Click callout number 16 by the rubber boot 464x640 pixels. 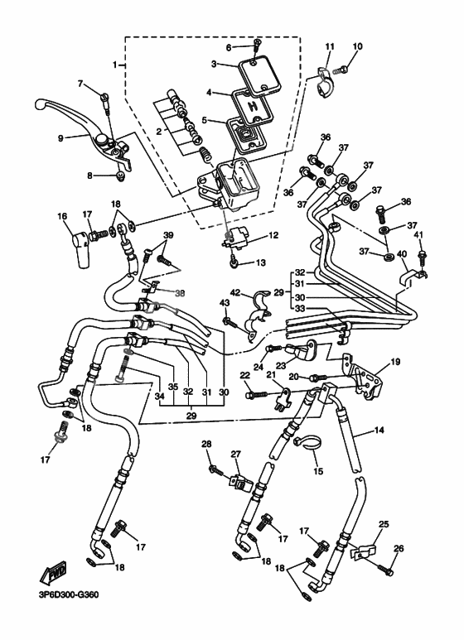(x=61, y=216)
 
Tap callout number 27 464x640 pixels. (x=235, y=454)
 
